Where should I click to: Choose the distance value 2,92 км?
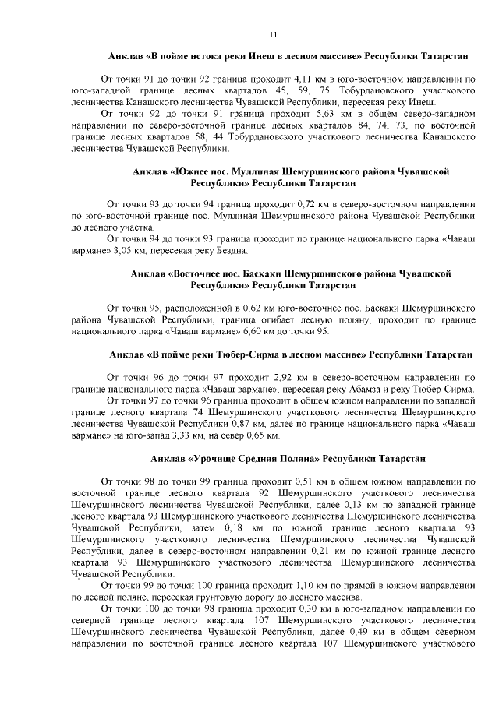[285, 376]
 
